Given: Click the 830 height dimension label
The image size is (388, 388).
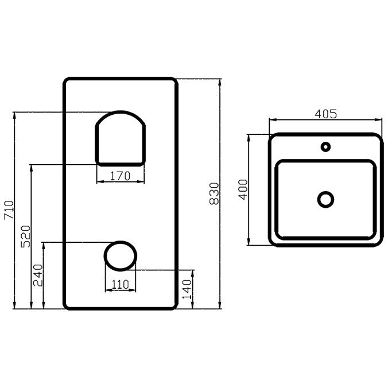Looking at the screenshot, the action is tap(214, 194).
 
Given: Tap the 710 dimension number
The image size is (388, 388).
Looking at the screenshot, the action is tap(9, 210).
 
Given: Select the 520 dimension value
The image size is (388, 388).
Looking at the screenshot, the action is tap(25, 236).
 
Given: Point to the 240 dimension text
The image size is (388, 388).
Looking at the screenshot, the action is tap(38, 275).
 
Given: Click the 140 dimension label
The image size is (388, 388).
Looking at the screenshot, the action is tap(187, 289).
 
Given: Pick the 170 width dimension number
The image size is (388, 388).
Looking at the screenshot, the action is tap(120, 176).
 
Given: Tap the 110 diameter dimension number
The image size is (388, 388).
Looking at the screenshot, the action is tap(121, 285).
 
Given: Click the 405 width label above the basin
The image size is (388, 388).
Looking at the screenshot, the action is tap(325, 114).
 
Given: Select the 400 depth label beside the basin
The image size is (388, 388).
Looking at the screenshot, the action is tap(243, 189).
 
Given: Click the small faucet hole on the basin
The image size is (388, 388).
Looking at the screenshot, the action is tap(325, 147).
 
